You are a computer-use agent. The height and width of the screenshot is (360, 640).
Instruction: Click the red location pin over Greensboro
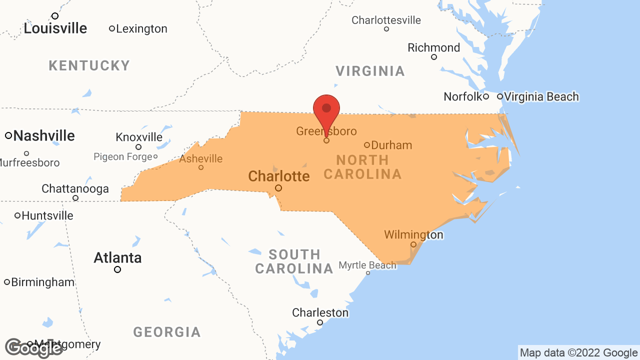coord(326,110)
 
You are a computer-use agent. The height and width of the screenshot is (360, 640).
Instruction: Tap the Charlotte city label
coord(279,176)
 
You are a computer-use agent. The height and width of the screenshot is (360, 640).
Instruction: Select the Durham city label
coord(391,145)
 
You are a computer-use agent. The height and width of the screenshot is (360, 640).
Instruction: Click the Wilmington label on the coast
coord(413,234)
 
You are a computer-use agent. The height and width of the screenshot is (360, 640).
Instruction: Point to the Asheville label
coord(201,158)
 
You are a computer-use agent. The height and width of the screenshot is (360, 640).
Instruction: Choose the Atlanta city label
coord(118,257)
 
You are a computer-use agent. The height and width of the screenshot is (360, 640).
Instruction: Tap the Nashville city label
coord(44,135)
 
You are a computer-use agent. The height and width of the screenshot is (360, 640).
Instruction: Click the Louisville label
coord(55,28)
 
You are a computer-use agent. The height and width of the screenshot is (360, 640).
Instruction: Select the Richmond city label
coord(434,47)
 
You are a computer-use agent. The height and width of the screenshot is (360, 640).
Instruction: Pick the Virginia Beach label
coord(541,96)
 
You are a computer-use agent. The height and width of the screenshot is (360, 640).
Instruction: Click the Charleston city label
coord(320,312)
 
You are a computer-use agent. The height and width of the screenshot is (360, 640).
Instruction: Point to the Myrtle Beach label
coord(367,265)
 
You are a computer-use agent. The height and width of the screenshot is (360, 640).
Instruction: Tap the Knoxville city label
coord(139,137)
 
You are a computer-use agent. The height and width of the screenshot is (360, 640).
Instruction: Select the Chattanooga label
coord(75,188)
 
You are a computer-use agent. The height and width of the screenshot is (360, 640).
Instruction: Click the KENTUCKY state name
coord(89,65)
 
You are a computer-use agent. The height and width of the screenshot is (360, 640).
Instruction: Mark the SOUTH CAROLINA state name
coord(294,261)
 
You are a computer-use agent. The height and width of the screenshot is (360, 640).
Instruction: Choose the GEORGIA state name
coord(167,331)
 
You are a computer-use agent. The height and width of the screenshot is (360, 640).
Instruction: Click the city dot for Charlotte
coord(278,188)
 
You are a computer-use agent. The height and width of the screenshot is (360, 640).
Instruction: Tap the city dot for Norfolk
coord(485,96)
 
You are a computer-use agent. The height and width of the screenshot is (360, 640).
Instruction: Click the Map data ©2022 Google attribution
coord(578,352)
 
